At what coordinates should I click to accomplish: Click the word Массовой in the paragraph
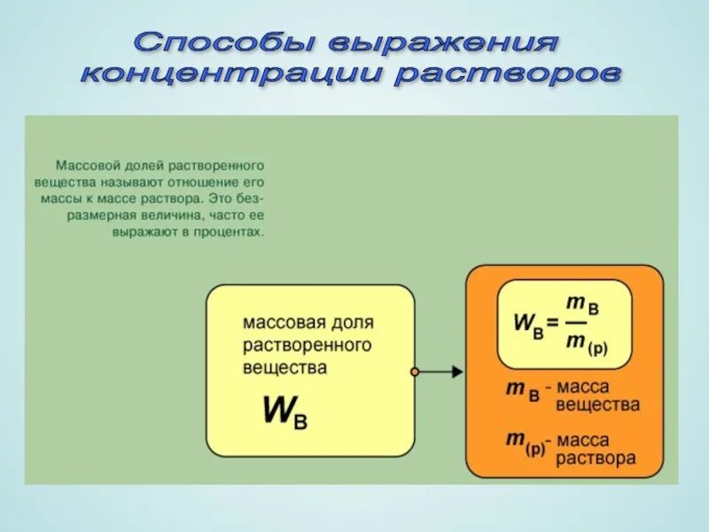point(86,166)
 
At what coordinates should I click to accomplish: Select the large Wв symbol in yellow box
point(284,411)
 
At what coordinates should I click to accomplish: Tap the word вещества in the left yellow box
point(284,366)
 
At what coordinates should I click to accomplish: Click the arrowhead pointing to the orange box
point(456,372)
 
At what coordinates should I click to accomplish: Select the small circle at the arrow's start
point(414,372)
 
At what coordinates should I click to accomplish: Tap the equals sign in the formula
point(553,322)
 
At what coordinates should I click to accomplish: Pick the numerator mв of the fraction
point(583,305)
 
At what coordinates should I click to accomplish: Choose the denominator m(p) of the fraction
point(587,344)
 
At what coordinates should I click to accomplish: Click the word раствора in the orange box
point(596,458)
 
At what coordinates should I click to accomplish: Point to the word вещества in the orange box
point(597,404)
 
